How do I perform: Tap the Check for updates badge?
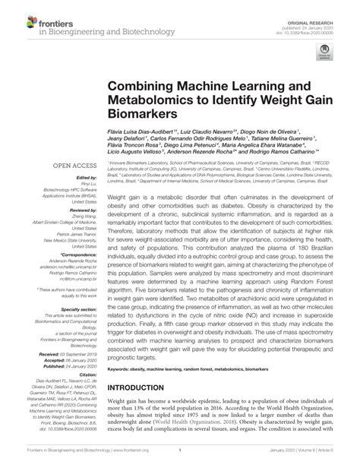coord(326,52)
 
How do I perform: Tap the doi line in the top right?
coord(321,18)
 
